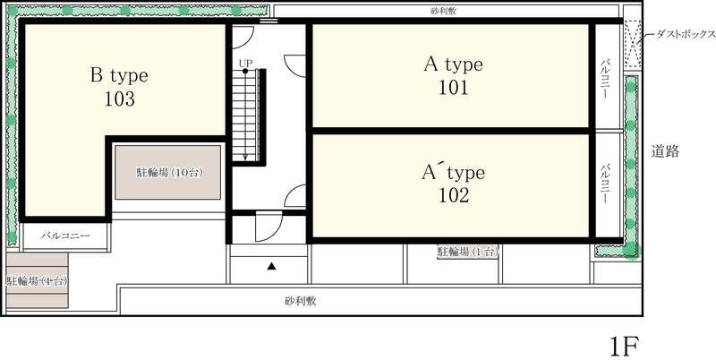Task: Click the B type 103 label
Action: click(x=118, y=86)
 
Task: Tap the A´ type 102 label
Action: click(x=453, y=182)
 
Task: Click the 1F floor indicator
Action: click(x=626, y=345)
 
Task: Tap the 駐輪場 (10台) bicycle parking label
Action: click(x=167, y=171)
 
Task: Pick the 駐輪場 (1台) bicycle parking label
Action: click(x=466, y=253)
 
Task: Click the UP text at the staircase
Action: click(x=244, y=63)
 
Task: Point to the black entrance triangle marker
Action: click(x=271, y=266)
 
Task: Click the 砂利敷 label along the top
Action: click(x=445, y=13)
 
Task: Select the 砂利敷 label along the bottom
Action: click(x=302, y=301)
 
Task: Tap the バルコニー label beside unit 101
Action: click(x=606, y=77)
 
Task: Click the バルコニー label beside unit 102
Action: click(x=606, y=184)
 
